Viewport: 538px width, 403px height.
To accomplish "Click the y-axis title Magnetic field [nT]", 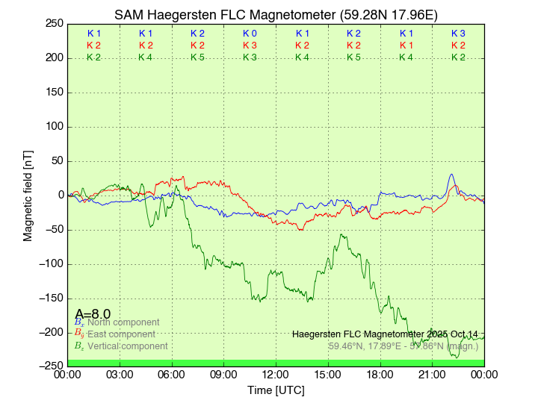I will tap(28, 195).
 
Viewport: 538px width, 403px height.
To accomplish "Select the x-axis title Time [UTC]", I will tap(276, 390).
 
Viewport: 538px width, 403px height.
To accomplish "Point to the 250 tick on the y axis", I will tap(54, 24).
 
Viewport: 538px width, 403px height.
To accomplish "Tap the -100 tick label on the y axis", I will tap(51, 264).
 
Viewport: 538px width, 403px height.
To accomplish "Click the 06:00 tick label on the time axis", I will tap(172, 375).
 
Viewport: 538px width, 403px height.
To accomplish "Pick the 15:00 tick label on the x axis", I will tap(328, 375).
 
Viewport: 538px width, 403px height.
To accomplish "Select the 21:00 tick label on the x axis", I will tap(432, 375).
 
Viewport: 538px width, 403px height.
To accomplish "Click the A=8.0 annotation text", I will tap(93, 314).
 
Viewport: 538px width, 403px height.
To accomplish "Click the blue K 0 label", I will tap(250, 34).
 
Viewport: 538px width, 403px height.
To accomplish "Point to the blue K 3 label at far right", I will tap(458, 34).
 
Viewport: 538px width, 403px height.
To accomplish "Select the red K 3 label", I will tap(250, 46).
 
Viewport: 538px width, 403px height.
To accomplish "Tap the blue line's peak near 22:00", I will tap(451, 175).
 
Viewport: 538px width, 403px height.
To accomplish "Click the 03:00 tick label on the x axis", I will tap(120, 375).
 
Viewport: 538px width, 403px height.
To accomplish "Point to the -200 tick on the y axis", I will tap(51, 333).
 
